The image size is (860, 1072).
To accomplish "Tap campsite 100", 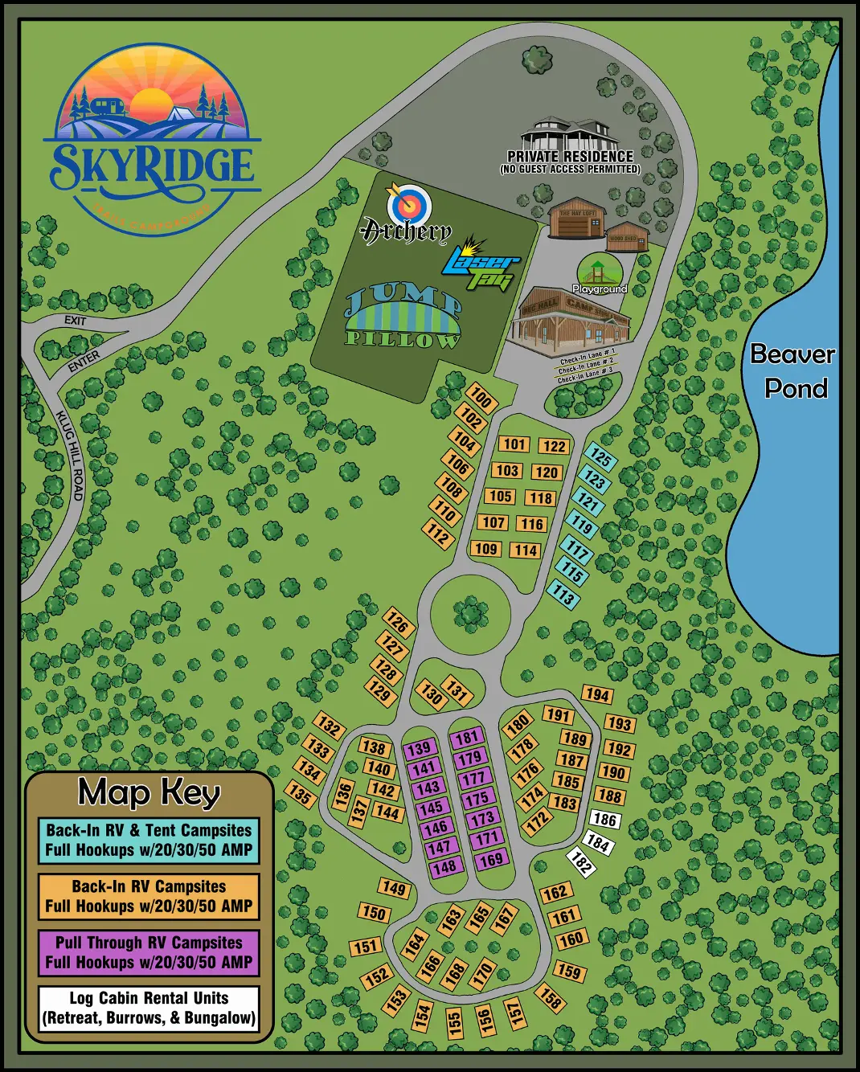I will [x=481, y=398].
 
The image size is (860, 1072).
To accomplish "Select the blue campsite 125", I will [x=600, y=456].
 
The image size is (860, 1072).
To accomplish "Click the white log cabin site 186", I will [x=604, y=820].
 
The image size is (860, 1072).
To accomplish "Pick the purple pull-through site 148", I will [x=444, y=867].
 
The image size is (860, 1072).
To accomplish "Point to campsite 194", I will [x=597, y=694].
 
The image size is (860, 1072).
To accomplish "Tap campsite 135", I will [x=301, y=796].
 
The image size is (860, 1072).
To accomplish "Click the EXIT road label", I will [x=75, y=321].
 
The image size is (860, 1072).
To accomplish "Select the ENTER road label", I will [x=84, y=362].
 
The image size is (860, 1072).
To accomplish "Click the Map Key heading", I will [x=149, y=792].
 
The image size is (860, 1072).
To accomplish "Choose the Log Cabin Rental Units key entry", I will [x=149, y=1008].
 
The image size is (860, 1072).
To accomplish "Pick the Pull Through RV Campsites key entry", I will [x=149, y=952].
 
